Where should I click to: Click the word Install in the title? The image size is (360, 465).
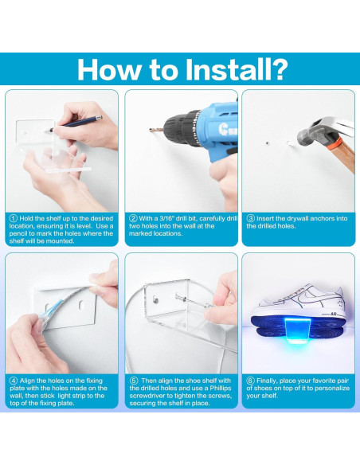[228, 70]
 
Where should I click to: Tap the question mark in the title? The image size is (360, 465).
[280, 70]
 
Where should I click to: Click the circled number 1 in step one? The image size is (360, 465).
[14, 218]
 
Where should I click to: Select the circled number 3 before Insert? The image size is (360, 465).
[251, 218]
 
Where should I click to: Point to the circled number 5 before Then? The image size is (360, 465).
[134, 381]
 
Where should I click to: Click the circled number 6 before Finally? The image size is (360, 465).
[251, 381]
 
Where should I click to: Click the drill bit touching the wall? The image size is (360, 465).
[156, 130]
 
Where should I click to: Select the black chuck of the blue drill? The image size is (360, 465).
[182, 128]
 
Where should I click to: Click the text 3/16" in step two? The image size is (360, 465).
[167, 218]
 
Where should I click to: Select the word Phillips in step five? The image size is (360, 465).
[221, 389]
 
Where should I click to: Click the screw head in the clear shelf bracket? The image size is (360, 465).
[155, 299]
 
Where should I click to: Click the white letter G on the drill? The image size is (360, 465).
[223, 129]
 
